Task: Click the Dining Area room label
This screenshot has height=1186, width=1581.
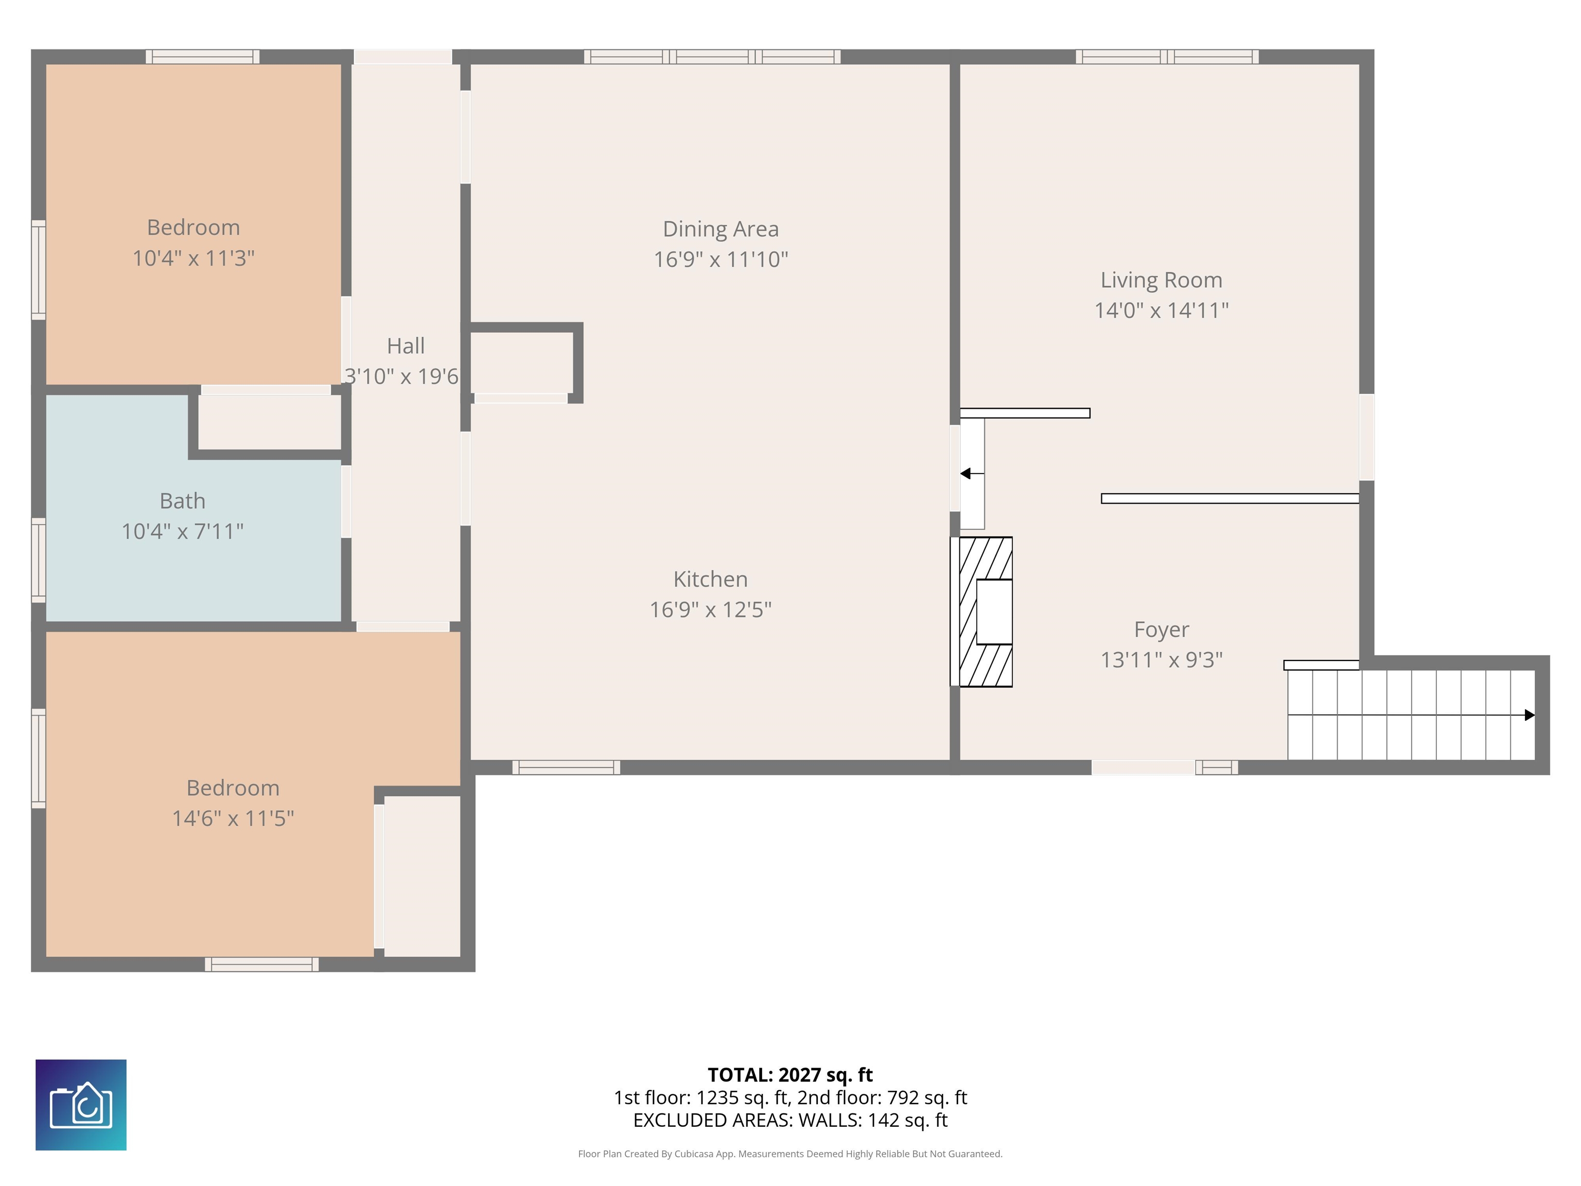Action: [x=721, y=229]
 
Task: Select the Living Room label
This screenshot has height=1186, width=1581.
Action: [x=1161, y=280]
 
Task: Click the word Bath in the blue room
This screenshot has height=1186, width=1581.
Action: [x=182, y=501]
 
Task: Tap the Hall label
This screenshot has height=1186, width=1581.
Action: [x=405, y=346]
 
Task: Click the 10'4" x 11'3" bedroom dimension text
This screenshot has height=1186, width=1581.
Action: [x=193, y=258]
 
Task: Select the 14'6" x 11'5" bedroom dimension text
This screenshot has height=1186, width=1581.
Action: [x=233, y=818]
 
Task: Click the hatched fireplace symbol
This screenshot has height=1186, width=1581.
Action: [x=985, y=612]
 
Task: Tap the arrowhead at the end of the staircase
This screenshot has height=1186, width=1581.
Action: [x=1530, y=715]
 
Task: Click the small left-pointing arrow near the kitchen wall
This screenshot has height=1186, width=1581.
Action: [x=965, y=473]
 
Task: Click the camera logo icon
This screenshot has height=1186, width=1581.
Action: [x=81, y=1105]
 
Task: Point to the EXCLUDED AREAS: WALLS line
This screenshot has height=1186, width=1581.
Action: [x=790, y=1120]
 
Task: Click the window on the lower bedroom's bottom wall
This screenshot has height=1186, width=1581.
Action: [x=261, y=964]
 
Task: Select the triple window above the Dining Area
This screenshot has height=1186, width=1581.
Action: [x=712, y=57]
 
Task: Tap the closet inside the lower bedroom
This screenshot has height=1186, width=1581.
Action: [x=421, y=876]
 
